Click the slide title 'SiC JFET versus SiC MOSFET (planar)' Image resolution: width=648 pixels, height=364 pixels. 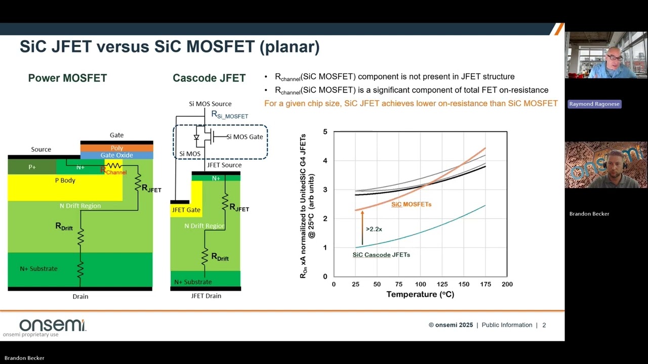[x=170, y=47]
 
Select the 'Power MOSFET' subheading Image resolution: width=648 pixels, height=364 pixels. [x=67, y=78]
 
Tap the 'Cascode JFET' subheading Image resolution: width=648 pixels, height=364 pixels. [x=209, y=78]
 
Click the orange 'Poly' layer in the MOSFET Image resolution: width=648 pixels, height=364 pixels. [x=117, y=148]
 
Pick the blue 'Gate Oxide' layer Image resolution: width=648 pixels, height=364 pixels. [x=117, y=155]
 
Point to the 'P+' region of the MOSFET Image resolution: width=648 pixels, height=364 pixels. [x=32, y=167]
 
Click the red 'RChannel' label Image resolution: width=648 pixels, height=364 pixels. [x=114, y=172]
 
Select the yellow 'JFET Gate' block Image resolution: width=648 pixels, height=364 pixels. [x=186, y=209]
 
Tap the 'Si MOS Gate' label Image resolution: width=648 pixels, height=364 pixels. [x=244, y=136]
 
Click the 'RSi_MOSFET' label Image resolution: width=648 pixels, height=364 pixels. [x=229, y=115]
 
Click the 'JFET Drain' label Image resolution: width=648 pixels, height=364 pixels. [x=206, y=296]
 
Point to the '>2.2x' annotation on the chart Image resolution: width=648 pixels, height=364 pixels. [x=374, y=229]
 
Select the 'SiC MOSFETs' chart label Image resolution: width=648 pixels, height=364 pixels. [x=411, y=204]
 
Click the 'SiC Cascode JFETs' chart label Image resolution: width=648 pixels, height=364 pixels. [x=381, y=255]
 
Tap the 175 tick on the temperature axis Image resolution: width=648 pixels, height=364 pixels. [x=485, y=284]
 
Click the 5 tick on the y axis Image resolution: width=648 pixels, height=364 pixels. [x=325, y=132]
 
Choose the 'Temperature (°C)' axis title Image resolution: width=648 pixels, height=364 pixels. [x=420, y=294]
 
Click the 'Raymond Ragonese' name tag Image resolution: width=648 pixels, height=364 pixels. [x=594, y=104]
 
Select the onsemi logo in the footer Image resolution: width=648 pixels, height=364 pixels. [x=52, y=325]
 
